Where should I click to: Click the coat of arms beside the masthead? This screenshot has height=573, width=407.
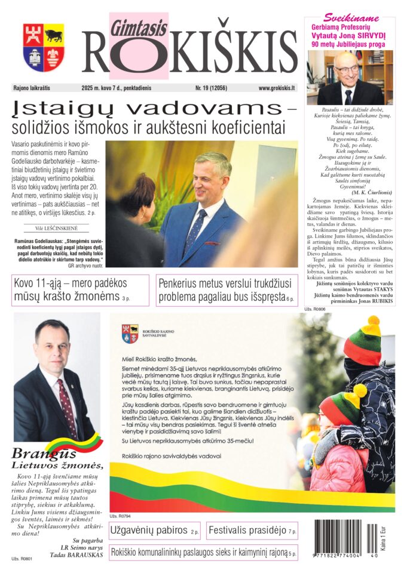point(44,48)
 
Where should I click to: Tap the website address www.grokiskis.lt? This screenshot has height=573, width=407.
point(277,88)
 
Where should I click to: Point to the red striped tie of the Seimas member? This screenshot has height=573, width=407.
point(66,406)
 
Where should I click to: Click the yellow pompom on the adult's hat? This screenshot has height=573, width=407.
point(371,325)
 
